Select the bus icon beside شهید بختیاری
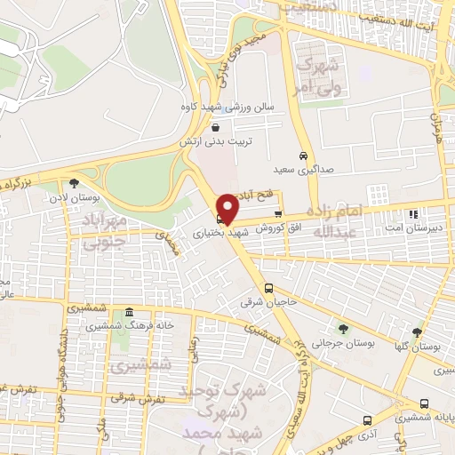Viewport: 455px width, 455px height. click(x=220, y=219)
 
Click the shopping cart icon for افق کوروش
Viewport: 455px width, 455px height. click(x=278, y=213)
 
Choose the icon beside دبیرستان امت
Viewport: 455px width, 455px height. click(x=412, y=213)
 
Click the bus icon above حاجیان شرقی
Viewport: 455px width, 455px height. click(x=268, y=288)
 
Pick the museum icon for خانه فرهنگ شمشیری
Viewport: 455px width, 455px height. click(x=130, y=312)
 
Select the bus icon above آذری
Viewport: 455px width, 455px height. click(x=367, y=419)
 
